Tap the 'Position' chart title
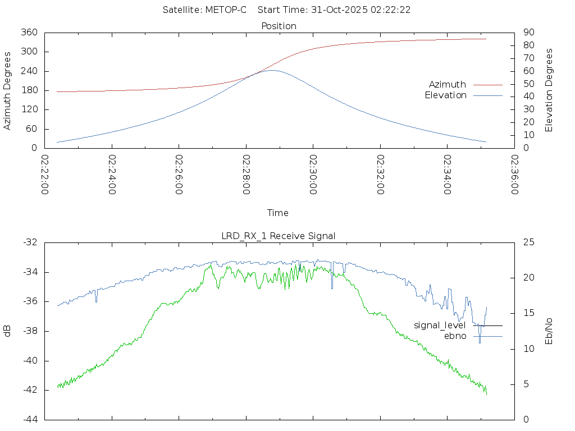coord(279,26)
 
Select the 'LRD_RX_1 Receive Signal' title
coord(279,236)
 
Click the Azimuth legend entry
coord(448,84)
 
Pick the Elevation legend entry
coord(445,95)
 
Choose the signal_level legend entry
coord(440,325)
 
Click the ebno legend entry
coord(455,336)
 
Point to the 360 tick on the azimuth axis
coord(29,33)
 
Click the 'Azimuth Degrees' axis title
coord(8,90)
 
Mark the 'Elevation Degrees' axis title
coord(549,90)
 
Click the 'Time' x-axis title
coord(278,213)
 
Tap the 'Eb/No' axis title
coord(549,331)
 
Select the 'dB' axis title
coord(8,331)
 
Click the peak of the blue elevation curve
coord(272,70)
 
